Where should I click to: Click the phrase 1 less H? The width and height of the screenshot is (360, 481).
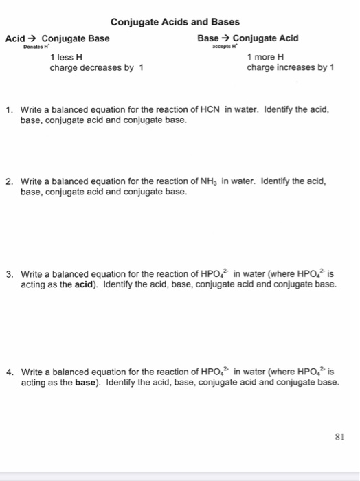coord(67,58)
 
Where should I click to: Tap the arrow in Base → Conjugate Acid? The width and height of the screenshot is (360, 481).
coord(224,38)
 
